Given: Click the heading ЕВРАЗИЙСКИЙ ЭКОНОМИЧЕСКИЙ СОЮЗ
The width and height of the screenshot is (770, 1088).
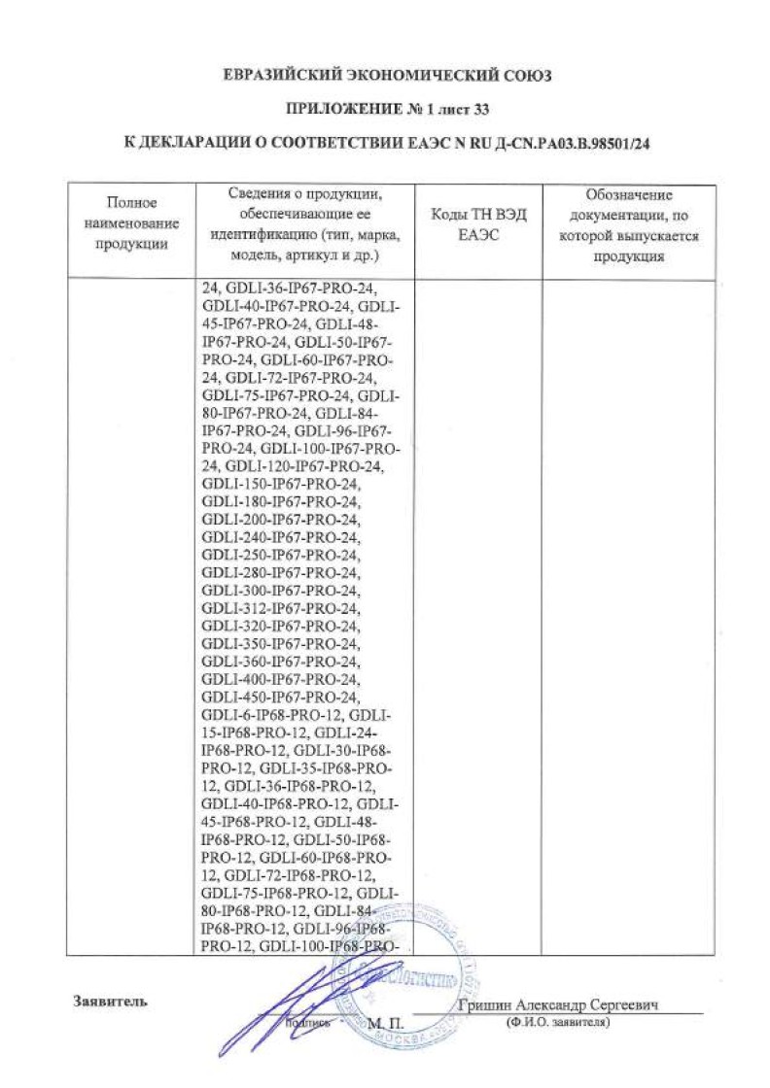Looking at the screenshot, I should (386, 77).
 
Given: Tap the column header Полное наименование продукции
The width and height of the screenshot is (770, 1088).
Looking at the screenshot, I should (131, 222).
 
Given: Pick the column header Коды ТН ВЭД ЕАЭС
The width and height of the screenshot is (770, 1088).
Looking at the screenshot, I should (477, 224).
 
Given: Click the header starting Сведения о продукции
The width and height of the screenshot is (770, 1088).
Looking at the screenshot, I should (304, 222).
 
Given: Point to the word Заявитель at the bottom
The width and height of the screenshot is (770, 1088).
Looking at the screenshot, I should (110, 1001).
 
